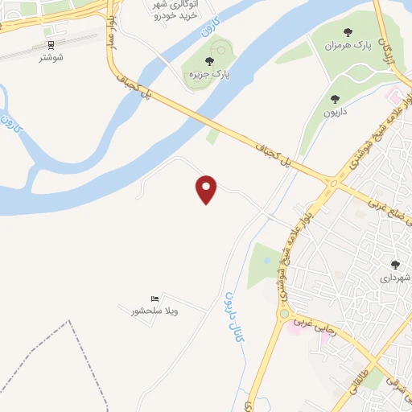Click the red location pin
(x=207, y=189)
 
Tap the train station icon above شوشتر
(x=51, y=45)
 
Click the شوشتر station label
(x=51, y=58)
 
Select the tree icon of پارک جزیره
(x=209, y=61)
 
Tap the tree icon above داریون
(x=335, y=99)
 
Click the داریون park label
(x=335, y=113)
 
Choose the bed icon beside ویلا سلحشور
(x=155, y=299)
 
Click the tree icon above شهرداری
(x=395, y=264)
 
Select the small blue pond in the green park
(x=266, y=260)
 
